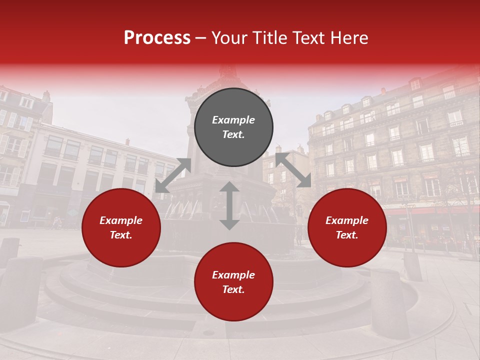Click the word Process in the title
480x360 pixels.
157,38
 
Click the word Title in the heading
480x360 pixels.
266,38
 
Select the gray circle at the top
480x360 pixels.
233,127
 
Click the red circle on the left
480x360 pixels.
121,227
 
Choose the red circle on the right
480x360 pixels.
347,227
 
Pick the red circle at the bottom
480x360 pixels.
233,281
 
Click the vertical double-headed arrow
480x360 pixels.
229,205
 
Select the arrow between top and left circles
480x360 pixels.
173,175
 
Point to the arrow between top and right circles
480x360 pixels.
293,170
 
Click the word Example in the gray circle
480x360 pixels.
233,120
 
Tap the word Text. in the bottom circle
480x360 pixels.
233,289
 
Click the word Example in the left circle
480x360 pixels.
121,220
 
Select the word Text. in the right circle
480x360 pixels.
347,235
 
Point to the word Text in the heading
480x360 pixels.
307,38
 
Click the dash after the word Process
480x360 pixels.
201,38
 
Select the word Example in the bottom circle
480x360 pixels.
233,275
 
